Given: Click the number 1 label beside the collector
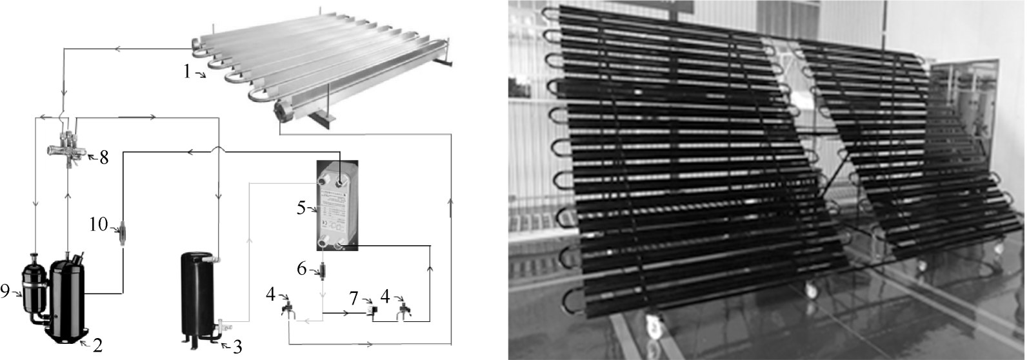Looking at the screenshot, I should [186, 71].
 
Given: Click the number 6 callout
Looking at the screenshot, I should [301, 269].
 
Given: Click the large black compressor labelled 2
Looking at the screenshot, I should [66, 297].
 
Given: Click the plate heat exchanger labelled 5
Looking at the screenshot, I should [336, 205].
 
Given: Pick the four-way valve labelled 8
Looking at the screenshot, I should [70, 148].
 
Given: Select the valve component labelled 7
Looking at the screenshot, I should [372, 310].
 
